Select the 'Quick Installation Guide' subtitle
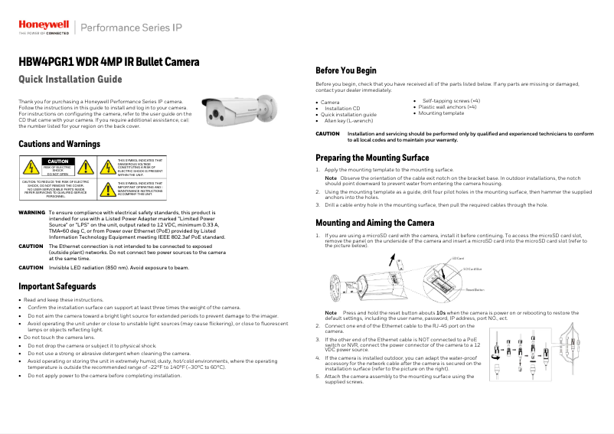[x=70, y=80]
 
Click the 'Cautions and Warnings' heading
[x=59, y=144]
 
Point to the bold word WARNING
[x=31, y=212]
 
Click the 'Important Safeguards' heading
[x=57, y=286]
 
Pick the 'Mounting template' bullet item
[x=441, y=113]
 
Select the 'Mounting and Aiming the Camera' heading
[x=374, y=223]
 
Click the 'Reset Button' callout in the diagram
[x=475, y=290]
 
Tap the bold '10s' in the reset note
[x=441, y=313]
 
